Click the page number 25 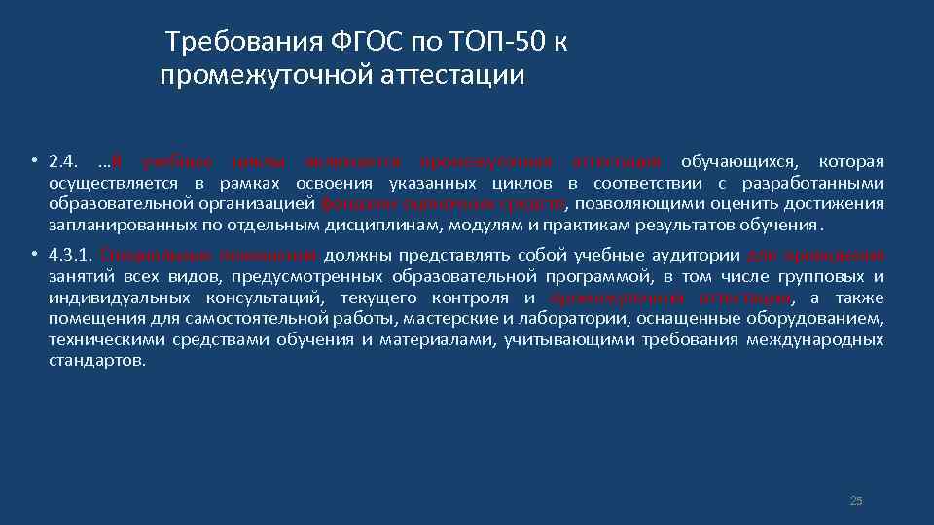coord(856,501)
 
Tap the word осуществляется coord(114,182)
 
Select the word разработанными coord(812,182)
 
